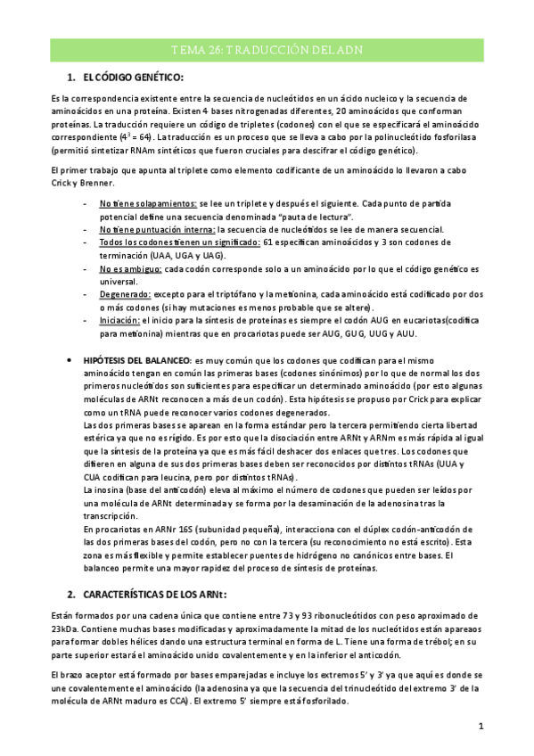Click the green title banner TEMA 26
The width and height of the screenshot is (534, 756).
(x=267, y=51)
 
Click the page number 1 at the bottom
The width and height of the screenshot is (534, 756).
(x=481, y=727)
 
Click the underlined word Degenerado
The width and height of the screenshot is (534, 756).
(x=125, y=292)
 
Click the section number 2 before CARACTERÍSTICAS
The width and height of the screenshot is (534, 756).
(x=71, y=594)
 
